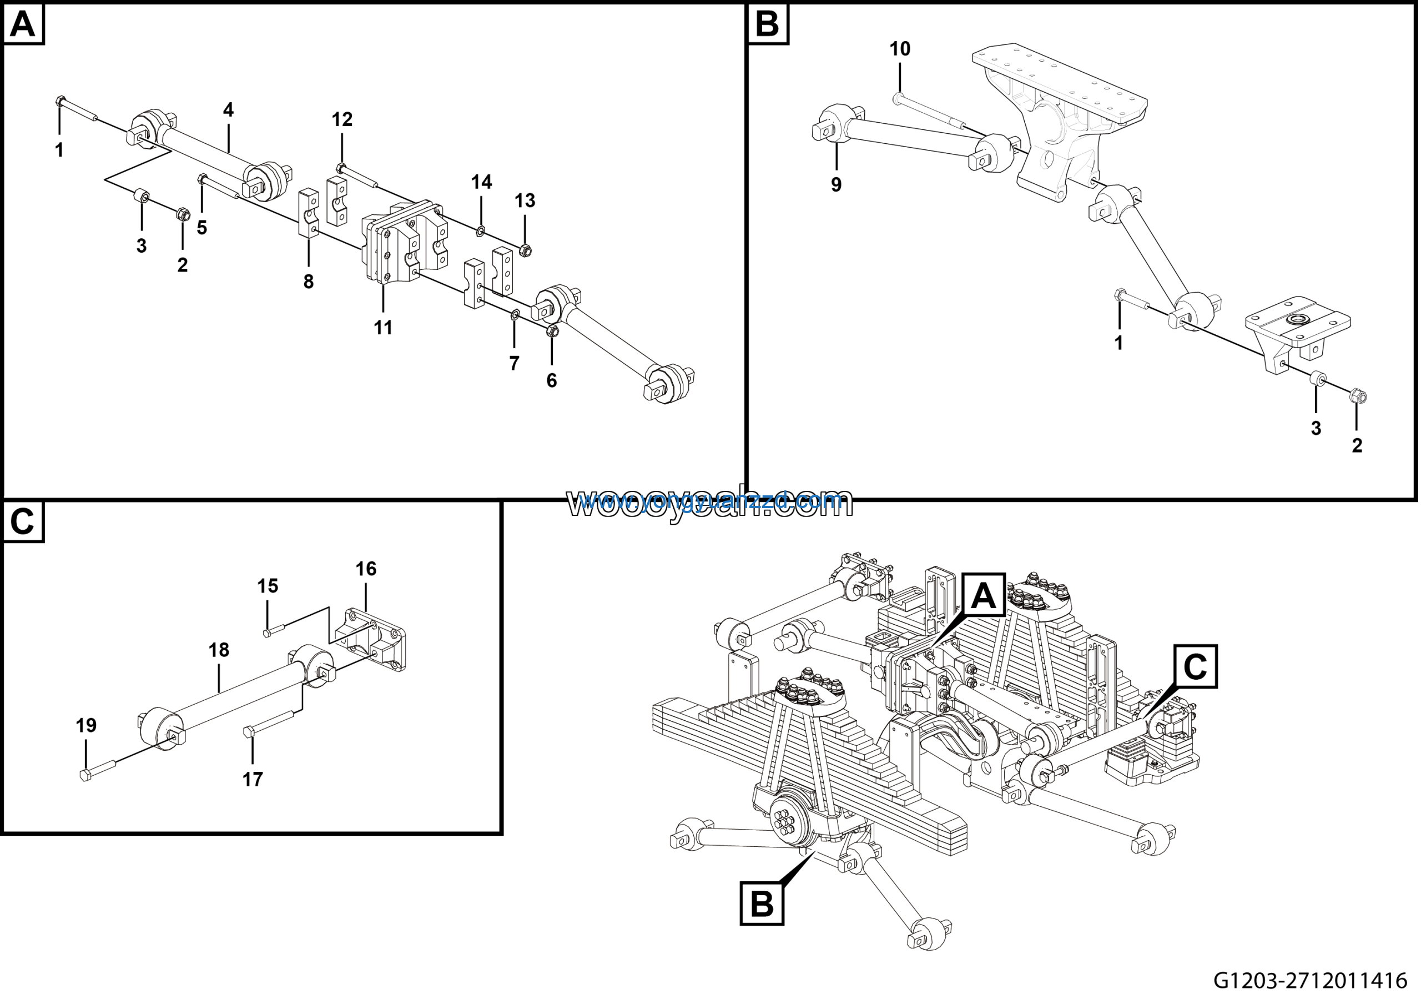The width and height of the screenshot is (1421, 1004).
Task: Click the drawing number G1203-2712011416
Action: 1309,981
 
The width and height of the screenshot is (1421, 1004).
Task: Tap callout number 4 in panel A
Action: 228,110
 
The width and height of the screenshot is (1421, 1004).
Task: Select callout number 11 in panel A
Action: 383,328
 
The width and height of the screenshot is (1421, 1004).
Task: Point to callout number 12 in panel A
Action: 341,119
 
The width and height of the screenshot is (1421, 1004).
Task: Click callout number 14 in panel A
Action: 481,182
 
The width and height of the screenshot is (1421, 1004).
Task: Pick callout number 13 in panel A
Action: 525,200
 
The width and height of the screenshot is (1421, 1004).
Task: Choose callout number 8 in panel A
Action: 308,282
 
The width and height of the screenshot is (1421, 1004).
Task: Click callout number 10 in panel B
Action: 900,49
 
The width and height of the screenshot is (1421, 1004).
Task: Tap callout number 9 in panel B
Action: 836,184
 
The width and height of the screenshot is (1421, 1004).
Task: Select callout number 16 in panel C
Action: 366,568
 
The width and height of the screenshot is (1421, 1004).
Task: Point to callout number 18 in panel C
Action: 219,650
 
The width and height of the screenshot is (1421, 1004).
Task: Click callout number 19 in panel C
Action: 86,725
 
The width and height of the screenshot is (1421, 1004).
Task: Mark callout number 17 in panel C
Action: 253,779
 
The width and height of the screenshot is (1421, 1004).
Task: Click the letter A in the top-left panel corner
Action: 23,25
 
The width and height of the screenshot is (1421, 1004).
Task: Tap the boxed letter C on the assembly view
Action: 1195,667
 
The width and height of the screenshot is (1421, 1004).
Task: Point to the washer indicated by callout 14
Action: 480,232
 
